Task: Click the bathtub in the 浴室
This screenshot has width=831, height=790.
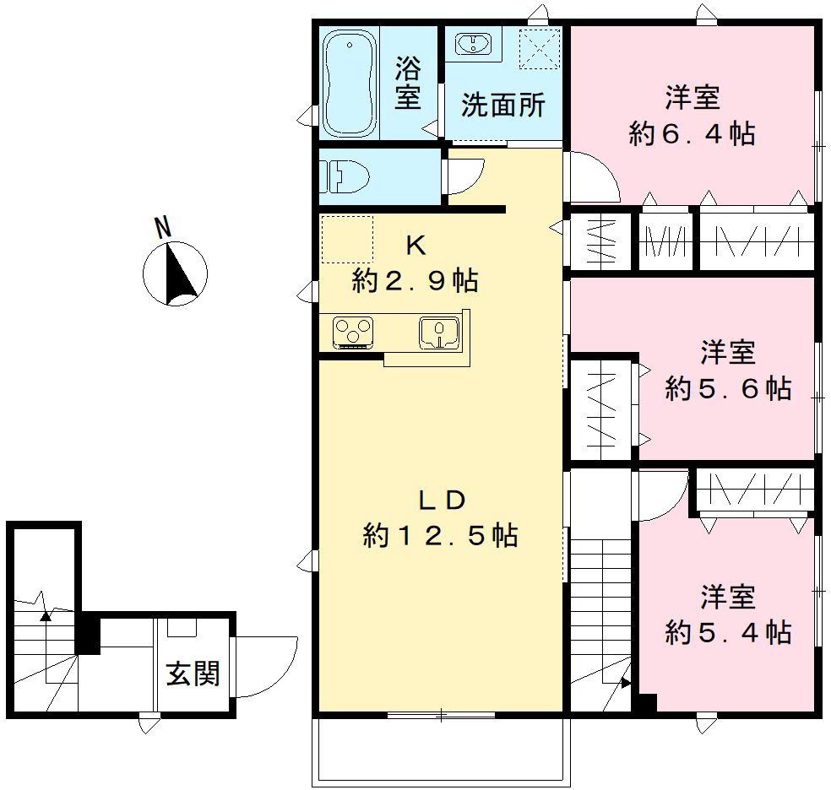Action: point(350,83)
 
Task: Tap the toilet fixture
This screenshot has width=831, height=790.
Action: point(345,176)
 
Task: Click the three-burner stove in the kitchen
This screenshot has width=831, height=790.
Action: point(353,333)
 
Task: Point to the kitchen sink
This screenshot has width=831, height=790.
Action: point(439,333)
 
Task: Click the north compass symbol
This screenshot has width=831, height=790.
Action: point(176,273)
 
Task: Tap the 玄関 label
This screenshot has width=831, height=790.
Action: point(193,674)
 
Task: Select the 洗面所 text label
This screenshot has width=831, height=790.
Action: point(503,105)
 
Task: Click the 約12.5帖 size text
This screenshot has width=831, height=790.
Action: point(440,535)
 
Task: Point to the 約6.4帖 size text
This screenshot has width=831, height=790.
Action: point(692,133)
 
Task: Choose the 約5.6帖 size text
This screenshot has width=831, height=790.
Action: point(728,388)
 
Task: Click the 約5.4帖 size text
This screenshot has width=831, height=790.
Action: point(728,632)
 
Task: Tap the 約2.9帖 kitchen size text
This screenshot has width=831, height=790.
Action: point(415,280)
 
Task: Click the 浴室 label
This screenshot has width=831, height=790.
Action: point(408,83)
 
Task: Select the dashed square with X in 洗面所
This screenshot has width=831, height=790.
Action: point(540,49)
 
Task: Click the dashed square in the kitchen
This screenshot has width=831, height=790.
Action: point(347,240)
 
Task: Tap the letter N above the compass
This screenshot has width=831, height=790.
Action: point(163,227)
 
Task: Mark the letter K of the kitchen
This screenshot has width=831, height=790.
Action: point(416,245)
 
